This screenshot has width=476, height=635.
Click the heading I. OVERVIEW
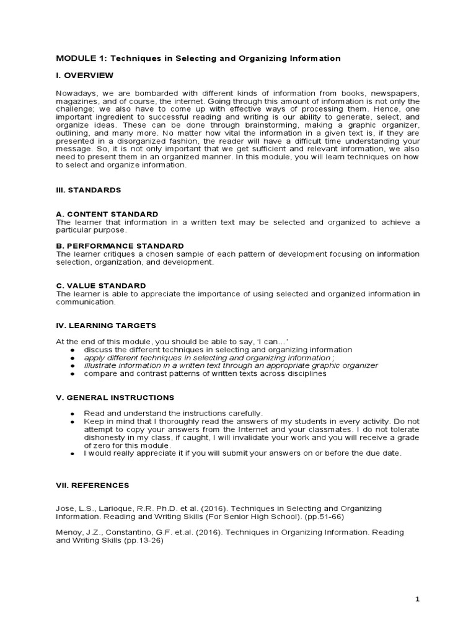pos(85,76)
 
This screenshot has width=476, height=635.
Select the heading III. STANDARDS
pos(89,190)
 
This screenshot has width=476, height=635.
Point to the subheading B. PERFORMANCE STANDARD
pos(120,246)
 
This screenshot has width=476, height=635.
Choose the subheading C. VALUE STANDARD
pos(101,286)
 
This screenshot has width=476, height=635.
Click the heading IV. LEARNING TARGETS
pos(106,326)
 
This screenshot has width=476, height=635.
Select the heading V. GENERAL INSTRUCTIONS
pos(115,397)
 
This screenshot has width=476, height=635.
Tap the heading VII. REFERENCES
pos(92,485)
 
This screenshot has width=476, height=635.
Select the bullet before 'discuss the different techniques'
pos(73,350)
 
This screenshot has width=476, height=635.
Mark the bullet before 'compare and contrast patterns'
pos(73,374)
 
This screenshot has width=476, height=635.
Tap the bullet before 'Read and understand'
pos(73,413)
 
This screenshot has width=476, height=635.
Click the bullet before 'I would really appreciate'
pos(73,453)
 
